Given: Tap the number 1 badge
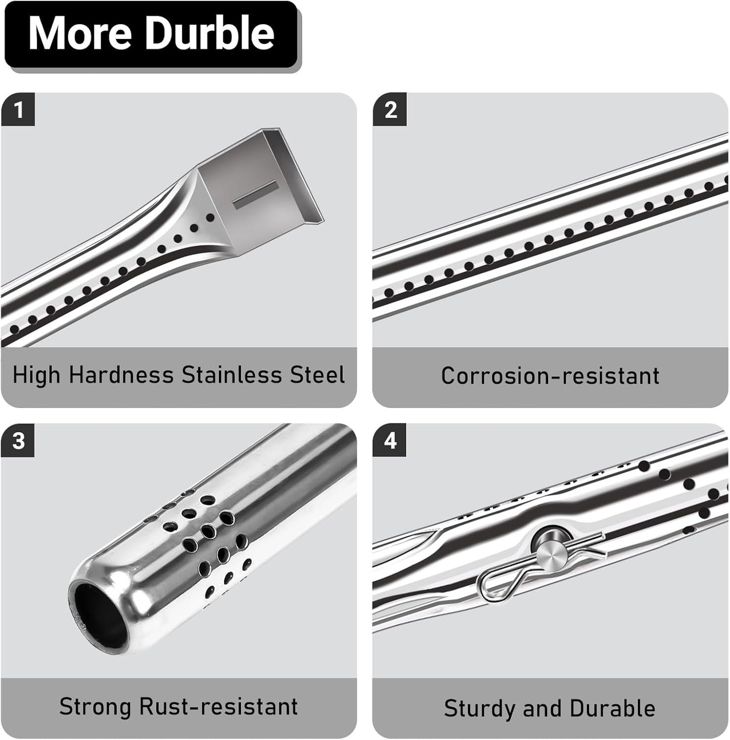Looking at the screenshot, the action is click(18, 110).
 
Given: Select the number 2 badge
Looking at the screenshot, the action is click(390, 110).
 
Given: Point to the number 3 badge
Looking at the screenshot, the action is click(18, 440).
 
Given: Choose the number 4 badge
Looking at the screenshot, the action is click(390, 440).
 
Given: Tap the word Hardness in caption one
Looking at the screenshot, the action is click(121, 375).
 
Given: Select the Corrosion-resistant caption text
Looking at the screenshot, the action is click(550, 376).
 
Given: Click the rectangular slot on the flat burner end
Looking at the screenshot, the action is click(256, 195).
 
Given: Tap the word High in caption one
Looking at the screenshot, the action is click(37, 375).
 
